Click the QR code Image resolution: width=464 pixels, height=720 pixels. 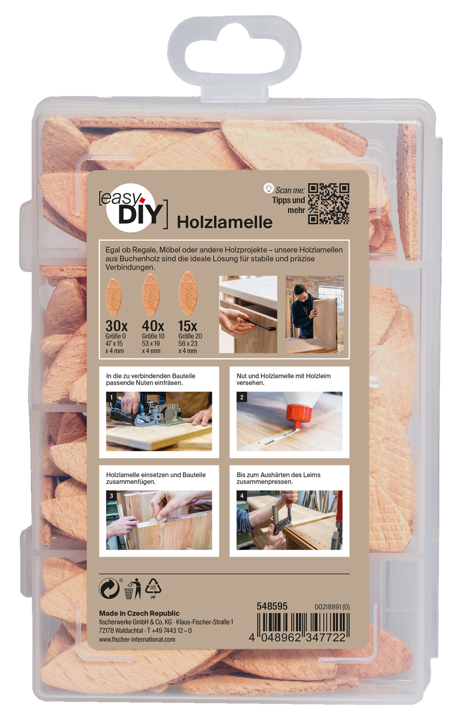(328, 204)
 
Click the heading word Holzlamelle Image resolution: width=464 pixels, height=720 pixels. (225, 222)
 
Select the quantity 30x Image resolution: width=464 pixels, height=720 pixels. (116, 326)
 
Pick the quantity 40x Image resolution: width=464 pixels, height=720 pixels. (153, 326)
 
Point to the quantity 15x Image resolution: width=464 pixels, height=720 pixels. (188, 326)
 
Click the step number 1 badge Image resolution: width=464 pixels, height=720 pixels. (111, 397)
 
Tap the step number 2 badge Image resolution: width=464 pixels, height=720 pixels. (242, 397)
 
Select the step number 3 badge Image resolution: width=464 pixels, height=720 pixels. (111, 496)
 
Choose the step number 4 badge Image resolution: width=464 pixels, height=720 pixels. (242, 496)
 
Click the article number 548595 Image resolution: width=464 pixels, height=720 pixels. (272, 606)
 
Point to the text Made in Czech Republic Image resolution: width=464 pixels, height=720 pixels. (139, 613)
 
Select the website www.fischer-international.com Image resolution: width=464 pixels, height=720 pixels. (137, 639)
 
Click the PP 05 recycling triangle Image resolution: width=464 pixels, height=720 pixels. (153, 588)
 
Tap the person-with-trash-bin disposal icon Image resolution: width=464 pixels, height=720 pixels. (133, 589)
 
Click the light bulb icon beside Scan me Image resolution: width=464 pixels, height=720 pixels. (269, 188)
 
